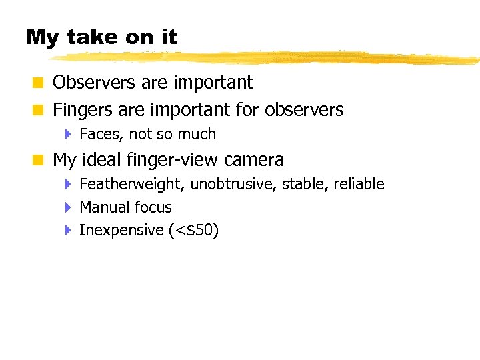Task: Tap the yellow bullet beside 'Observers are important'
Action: coord(39,83)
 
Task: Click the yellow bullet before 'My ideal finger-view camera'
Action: coord(39,161)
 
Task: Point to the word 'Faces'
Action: coord(100,134)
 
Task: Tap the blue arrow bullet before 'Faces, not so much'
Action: coord(68,134)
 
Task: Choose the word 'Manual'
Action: coord(101,207)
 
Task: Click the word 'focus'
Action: coord(151,207)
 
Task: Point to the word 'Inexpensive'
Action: coord(121,231)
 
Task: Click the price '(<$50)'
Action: coord(194,231)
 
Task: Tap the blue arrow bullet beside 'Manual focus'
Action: coord(68,207)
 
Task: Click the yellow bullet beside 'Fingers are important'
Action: coord(39,110)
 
